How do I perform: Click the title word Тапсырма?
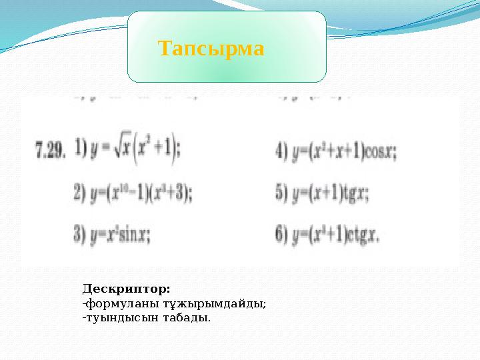[211, 49]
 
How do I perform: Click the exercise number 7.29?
[51, 151]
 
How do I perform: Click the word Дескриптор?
[127, 289]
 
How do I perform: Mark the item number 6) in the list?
[281, 235]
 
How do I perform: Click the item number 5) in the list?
[281, 194]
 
